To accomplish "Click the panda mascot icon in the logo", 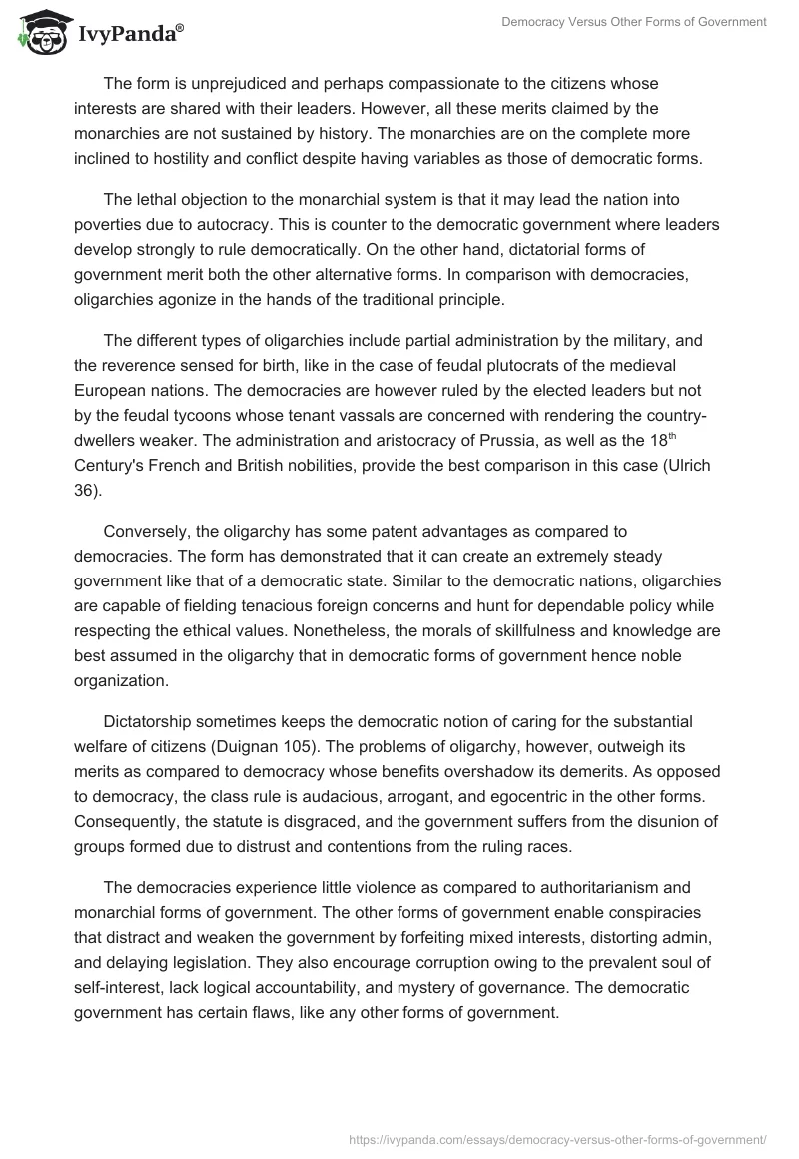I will (x=41, y=32).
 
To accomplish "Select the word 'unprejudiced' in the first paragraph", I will (x=221, y=82).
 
